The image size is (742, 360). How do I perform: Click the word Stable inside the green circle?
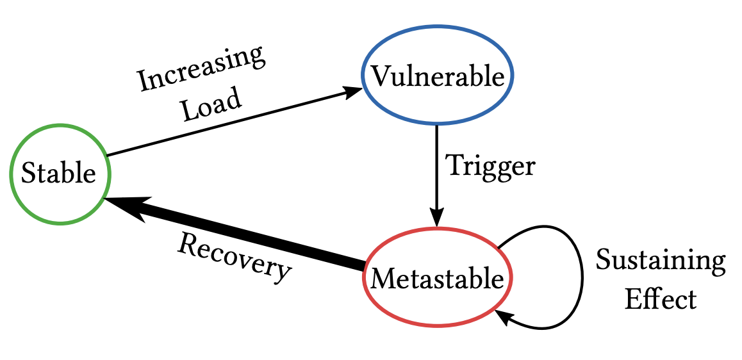(59, 174)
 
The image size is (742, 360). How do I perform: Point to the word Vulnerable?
(438, 77)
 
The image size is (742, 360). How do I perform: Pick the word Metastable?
(438, 279)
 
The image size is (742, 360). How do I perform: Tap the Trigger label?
(490, 166)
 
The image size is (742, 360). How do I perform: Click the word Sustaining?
(661, 261)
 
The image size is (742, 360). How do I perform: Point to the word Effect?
(661, 299)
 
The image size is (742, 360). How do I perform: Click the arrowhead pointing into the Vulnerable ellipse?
(354, 91)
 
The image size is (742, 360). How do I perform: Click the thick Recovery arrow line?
(256, 237)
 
